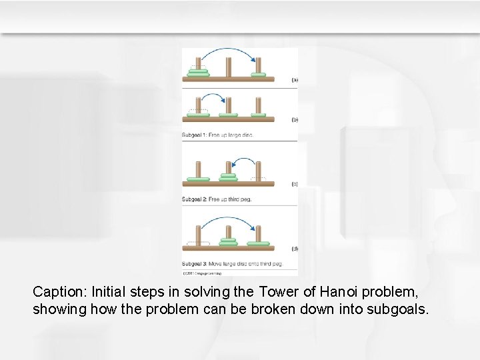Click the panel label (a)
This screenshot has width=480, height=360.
click(x=294, y=80)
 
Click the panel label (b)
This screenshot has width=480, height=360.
click(x=294, y=120)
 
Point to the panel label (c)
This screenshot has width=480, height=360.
click(x=294, y=183)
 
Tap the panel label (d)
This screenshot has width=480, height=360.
click(x=294, y=249)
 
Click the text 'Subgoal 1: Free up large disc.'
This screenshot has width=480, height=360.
click(x=217, y=135)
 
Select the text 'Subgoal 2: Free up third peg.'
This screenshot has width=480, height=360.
click(x=217, y=199)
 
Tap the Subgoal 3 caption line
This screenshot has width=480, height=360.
click(x=232, y=264)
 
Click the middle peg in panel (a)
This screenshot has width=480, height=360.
click(x=228, y=67)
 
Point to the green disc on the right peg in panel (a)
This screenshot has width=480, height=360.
click(x=258, y=75)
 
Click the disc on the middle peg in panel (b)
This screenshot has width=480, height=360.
click(x=228, y=115)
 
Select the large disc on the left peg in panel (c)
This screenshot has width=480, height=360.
click(x=198, y=179)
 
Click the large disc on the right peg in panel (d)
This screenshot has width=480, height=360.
click(x=258, y=244)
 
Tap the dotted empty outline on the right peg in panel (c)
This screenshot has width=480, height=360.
click(x=258, y=178)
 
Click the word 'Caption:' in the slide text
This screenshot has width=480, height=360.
click(x=59, y=292)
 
